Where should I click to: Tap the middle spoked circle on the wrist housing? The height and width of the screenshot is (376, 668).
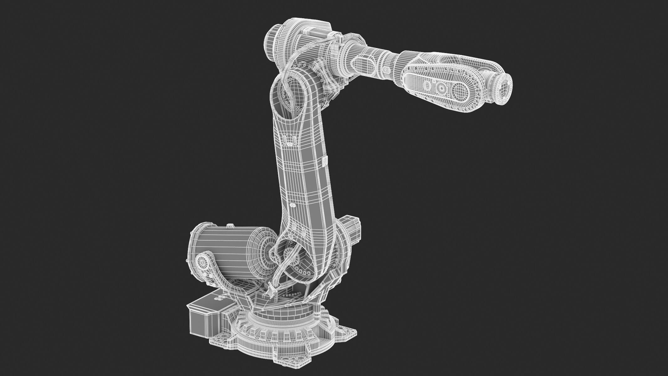441,87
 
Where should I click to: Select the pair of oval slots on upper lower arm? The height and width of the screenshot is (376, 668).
290,139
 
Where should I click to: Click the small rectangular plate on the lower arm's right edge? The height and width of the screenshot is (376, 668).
325,161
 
